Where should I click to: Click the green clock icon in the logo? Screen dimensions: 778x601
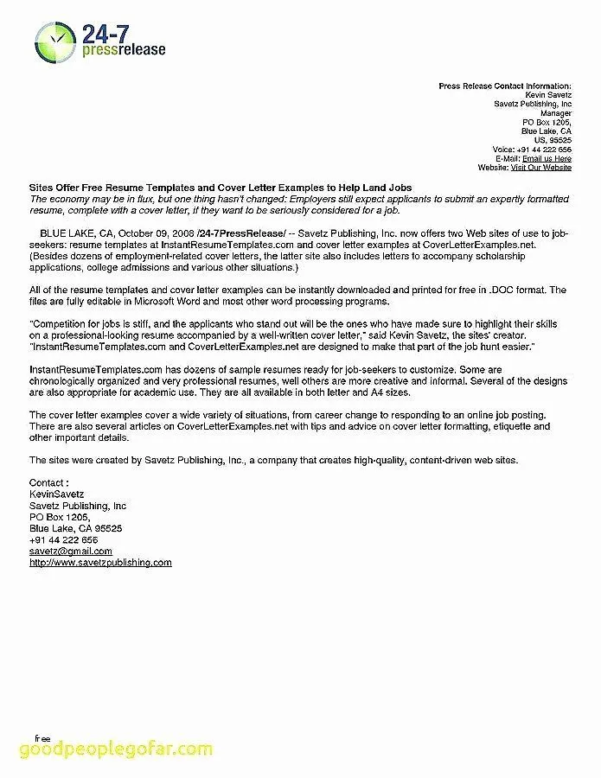pos(54,41)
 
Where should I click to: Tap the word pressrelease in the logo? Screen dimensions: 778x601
pos(123,50)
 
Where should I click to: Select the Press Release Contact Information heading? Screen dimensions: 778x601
pos(505,86)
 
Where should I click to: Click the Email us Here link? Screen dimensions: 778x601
pos(547,158)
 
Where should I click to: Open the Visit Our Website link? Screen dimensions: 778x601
pos(540,167)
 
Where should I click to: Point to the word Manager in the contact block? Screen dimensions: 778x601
pos(555,113)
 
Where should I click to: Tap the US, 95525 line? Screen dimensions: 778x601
pos(553,140)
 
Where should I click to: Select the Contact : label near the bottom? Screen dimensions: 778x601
pos(48,482)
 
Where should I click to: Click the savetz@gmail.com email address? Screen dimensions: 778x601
pos(71,551)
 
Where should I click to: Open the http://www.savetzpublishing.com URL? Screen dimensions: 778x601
pos(100,562)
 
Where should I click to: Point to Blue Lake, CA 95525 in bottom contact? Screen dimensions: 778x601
pos(75,527)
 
